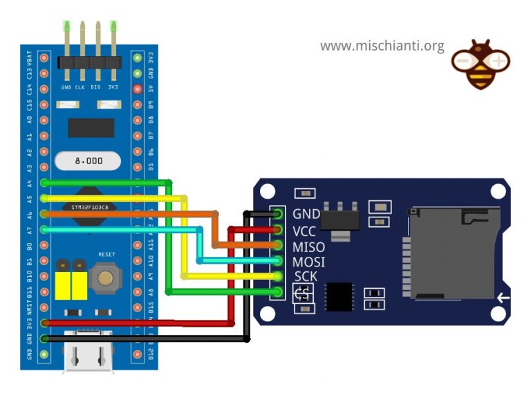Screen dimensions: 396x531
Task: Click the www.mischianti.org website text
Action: coord(382,46)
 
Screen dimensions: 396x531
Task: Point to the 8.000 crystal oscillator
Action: coord(89,161)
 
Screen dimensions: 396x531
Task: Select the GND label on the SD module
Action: coord(306,215)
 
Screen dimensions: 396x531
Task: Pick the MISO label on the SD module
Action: coord(308,247)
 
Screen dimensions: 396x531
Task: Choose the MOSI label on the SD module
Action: coord(308,263)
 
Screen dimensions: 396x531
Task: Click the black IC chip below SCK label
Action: coord(339,296)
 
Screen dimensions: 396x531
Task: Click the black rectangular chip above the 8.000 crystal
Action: coord(91,127)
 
